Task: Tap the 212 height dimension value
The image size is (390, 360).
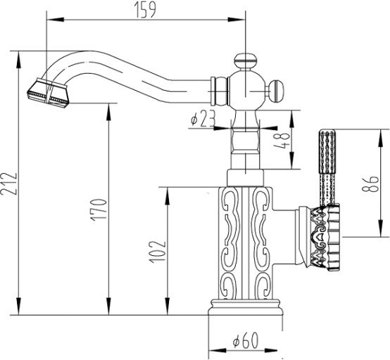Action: [x=9, y=184]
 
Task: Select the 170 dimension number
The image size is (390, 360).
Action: [x=99, y=210]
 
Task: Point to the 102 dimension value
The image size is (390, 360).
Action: [x=158, y=252]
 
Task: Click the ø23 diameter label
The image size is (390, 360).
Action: [x=203, y=120]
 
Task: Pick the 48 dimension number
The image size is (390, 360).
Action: [x=282, y=141]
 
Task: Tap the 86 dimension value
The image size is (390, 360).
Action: [x=370, y=184]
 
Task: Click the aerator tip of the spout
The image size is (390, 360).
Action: [x=47, y=93]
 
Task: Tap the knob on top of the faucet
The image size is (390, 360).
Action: [x=245, y=62]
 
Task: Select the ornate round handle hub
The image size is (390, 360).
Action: [x=324, y=238]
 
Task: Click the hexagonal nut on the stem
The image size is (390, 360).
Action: [x=245, y=141]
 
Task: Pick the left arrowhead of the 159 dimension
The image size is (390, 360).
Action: [x=55, y=20]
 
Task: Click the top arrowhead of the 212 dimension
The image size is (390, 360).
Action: [x=18, y=60]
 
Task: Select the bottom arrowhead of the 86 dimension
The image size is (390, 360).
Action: [x=380, y=228]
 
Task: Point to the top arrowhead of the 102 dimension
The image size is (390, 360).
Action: [x=168, y=195]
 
